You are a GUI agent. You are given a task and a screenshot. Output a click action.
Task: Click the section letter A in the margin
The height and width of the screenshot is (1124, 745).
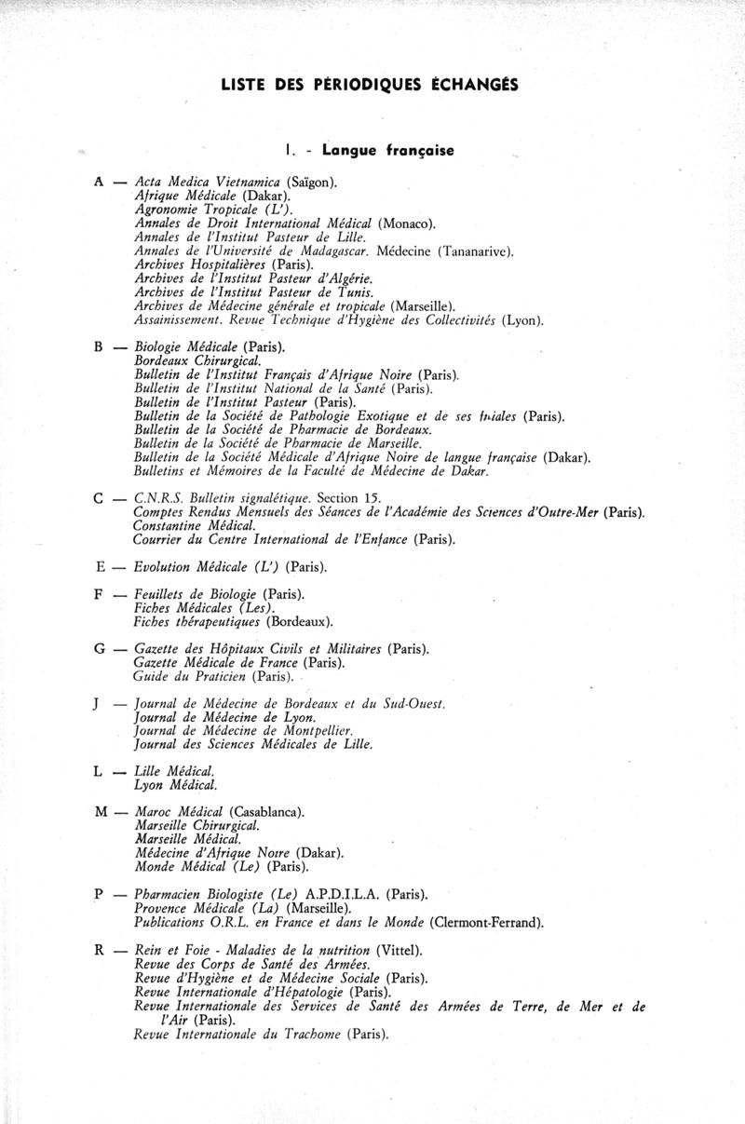98,183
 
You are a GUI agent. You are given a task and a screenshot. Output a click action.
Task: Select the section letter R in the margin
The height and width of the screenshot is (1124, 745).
98,951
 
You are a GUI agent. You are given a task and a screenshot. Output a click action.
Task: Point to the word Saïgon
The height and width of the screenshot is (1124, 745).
312,183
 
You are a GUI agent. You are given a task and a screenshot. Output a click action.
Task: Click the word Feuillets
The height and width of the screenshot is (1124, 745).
161,593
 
